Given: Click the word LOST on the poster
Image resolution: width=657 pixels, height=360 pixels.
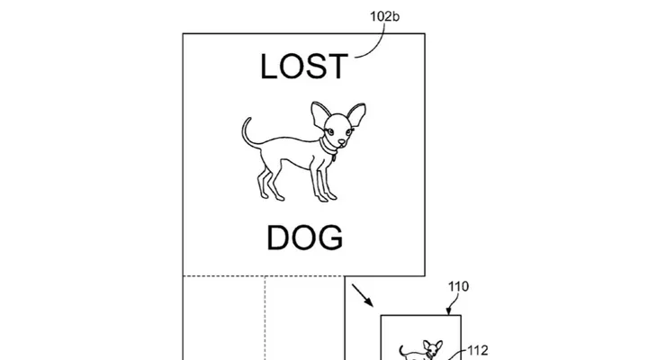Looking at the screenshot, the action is point(304,67).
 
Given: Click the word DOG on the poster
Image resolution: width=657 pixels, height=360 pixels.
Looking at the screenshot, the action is point(305,238).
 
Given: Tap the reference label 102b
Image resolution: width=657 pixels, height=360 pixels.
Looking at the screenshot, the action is point(384,16).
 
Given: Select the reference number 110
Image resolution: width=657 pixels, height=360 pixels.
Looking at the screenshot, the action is point(458,287).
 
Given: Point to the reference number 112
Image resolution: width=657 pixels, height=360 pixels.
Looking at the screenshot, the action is point(477,350).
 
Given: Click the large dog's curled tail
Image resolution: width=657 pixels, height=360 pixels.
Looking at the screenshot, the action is point(248,133).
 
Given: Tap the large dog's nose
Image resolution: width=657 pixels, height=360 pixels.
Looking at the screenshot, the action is point(342,143).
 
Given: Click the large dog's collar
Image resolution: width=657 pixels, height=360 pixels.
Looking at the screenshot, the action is point(328,147).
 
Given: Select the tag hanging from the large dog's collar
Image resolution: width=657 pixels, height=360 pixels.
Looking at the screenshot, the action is point(334,158).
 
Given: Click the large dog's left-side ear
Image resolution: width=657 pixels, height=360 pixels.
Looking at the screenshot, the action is point(319,114).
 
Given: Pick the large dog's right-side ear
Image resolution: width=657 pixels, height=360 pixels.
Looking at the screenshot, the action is point(355,115).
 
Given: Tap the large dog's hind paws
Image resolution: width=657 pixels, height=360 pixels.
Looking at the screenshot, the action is point(271,195).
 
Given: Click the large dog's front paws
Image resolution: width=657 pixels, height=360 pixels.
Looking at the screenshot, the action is point(327,197).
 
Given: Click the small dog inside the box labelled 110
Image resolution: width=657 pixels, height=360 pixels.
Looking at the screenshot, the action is point(421,350).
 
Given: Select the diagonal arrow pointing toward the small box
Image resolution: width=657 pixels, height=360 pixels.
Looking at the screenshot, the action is point(363,295).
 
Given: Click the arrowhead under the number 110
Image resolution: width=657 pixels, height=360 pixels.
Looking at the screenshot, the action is point(448,311).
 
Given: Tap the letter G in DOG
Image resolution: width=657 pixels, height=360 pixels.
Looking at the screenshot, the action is point(330,238).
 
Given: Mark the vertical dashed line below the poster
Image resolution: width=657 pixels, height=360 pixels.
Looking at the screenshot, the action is point(265,318).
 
